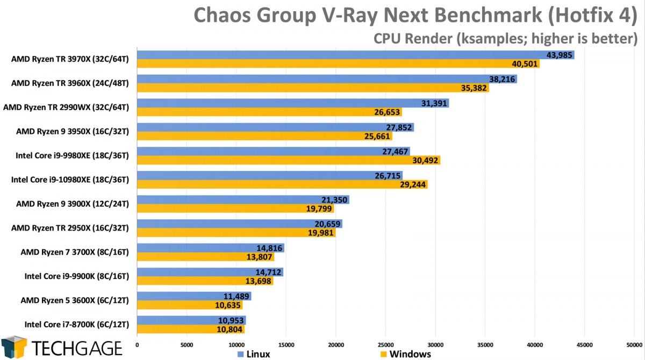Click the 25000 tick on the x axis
(385, 344)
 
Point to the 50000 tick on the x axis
(634, 344)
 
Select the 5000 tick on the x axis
(187, 344)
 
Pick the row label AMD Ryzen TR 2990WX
(66, 107)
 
